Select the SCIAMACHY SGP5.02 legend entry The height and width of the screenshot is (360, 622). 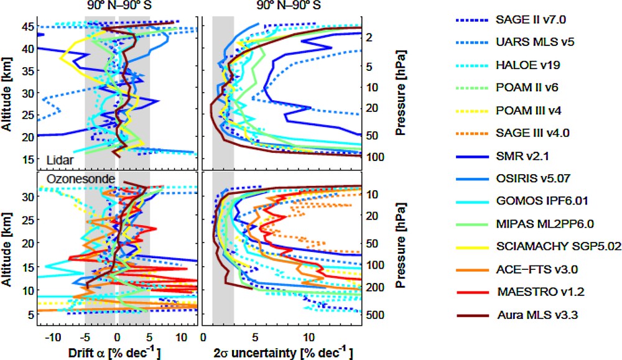click(x=557, y=246)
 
